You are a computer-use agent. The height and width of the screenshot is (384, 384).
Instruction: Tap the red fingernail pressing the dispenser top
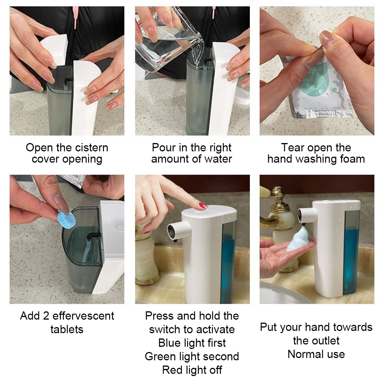click(203, 206)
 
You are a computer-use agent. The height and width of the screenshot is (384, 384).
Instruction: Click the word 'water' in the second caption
click(218, 159)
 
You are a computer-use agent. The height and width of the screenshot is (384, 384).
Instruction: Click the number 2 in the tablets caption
click(46, 316)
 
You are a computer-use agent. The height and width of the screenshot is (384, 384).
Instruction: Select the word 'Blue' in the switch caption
click(169, 343)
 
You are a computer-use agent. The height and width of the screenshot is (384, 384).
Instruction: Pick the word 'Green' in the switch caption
click(160, 357)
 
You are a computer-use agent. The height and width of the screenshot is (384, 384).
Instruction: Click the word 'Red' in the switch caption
click(171, 370)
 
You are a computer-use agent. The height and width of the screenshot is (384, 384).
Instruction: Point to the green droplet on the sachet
click(317, 79)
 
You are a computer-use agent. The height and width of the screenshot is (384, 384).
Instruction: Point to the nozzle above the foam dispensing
click(306, 215)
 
